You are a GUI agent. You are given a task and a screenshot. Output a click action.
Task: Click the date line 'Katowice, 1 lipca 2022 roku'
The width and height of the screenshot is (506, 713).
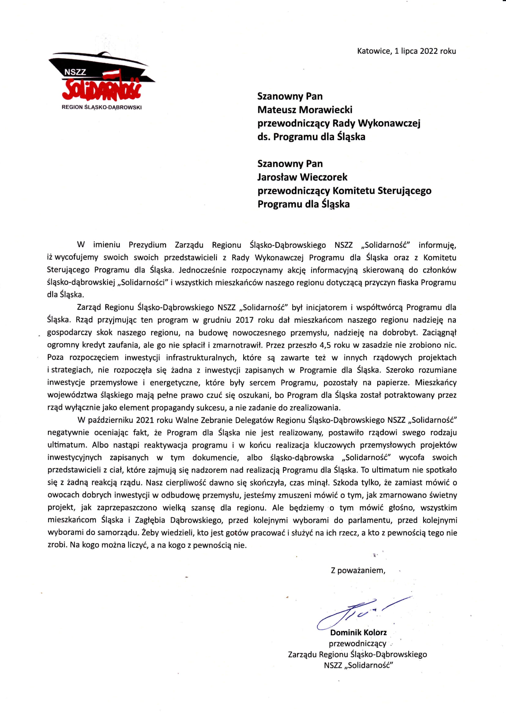coord(406,51)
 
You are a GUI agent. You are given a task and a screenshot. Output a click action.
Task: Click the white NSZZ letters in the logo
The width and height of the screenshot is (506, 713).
coord(75,72)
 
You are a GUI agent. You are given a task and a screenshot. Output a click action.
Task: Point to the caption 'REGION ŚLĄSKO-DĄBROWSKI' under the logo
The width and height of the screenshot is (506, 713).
coord(102,107)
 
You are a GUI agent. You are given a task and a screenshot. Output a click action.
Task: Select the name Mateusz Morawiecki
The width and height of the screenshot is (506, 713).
coord(305,110)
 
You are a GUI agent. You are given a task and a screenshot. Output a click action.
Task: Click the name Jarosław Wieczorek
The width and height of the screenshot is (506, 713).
coord(302,177)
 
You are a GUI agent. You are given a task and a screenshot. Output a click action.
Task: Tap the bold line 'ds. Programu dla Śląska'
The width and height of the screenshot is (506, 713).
coord(311,137)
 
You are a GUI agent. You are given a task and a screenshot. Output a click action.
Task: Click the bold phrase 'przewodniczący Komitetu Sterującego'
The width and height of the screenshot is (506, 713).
coord(344,191)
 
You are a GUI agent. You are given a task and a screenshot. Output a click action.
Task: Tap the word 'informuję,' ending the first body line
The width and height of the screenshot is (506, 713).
coord(437,245)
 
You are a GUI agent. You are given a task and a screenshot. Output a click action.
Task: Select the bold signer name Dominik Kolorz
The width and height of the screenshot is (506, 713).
coord(358,633)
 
